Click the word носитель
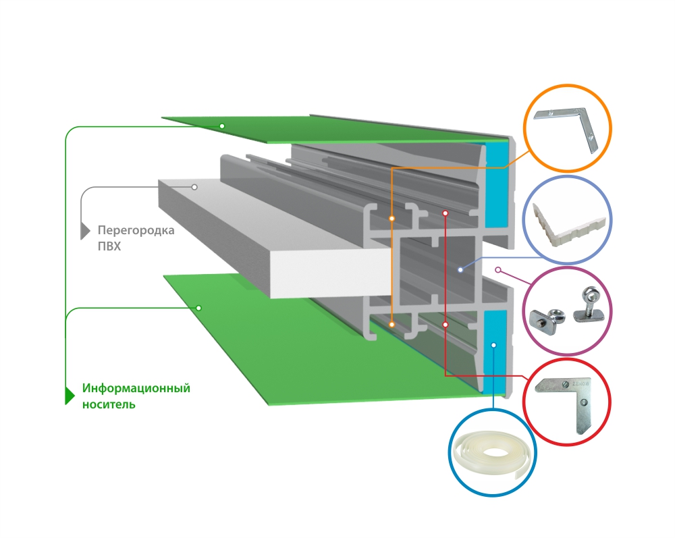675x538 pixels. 109,404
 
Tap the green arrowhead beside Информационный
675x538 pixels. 69,395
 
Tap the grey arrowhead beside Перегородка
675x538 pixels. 85,231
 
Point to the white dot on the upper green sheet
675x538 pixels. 221,126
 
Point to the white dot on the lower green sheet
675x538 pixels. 199,308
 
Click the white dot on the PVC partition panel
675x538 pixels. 194,186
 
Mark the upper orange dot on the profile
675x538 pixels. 392,219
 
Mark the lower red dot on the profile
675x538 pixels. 446,325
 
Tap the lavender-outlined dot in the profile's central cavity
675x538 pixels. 460,269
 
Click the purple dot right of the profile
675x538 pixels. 498,269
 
